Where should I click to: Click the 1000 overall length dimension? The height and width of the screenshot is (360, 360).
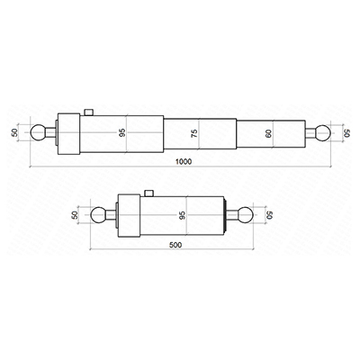point(184,162)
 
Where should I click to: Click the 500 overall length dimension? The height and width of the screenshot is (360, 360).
point(175,245)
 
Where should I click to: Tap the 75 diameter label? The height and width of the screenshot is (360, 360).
point(194,133)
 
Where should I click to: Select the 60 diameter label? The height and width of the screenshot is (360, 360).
point(268,133)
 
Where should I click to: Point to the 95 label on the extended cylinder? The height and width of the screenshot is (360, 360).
point(122,132)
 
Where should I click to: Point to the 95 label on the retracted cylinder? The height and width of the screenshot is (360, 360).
point(182,215)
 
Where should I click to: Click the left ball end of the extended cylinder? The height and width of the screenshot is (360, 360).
point(38,132)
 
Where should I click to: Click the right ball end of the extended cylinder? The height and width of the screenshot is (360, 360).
point(323,132)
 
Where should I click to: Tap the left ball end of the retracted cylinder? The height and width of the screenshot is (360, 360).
point(98,215)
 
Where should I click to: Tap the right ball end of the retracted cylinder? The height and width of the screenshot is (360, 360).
point(246,215)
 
